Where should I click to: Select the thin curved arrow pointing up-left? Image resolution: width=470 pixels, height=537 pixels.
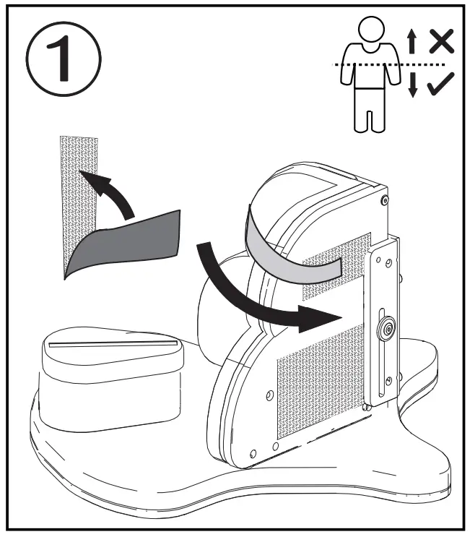[109, 192]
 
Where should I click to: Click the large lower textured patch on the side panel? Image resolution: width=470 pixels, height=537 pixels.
[318, 383]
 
